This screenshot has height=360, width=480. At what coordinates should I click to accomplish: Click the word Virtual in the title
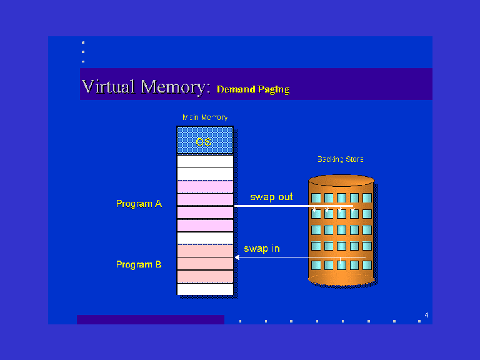click(108, 86)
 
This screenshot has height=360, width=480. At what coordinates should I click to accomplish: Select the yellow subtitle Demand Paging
click(253, 89)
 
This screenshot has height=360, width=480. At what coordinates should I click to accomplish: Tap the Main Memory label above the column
click(205, 117)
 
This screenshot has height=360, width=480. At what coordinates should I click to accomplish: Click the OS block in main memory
click(205, 140)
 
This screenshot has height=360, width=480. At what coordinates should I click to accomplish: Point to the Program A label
click(139, 204)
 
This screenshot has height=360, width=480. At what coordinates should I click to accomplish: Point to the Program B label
click(139, 264)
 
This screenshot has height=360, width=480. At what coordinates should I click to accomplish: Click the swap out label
click(271, 197)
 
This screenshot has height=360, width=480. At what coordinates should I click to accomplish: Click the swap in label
click(262, 249)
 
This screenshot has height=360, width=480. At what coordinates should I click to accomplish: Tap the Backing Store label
click(341, 159)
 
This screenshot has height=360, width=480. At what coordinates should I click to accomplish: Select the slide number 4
click(426, 315)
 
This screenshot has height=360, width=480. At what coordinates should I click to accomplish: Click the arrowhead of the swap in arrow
click(237, 257)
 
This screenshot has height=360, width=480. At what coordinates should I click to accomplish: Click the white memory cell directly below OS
click(205, 161)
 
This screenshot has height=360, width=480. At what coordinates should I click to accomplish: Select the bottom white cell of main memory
click(205, 289)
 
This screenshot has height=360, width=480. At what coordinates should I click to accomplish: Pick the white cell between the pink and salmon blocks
click(205, 238)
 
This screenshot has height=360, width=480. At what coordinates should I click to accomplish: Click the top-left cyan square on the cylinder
click(316, 197)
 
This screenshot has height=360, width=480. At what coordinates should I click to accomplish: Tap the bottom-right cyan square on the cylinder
click(367, 265)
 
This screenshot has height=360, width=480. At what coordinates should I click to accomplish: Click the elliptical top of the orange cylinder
click(341, 180)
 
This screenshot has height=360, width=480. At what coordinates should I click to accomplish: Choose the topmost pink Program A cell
click(205, 187)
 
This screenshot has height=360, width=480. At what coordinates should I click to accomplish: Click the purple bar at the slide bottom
click(150, 319)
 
